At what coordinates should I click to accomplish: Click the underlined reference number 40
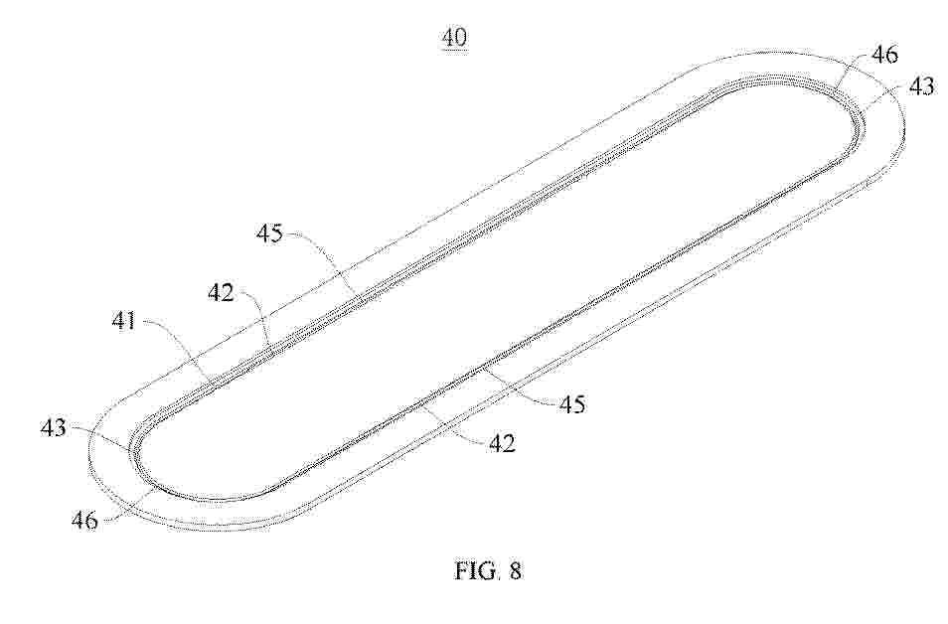click(x=455, y=38)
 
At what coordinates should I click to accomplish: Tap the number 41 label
click(x=124, y=322)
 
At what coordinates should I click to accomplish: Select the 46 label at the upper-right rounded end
click(x=884, y=55)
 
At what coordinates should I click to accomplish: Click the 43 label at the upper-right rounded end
click(x=922, y=86)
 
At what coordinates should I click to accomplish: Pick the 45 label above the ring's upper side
click(x=269, y=234)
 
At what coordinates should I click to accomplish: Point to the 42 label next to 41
click(x=221, y=293)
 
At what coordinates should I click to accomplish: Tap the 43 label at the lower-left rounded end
click(x=54, y=428)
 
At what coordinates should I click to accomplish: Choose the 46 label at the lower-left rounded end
click(x=84, y=520)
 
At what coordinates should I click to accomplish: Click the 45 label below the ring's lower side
click(x=572, y=403)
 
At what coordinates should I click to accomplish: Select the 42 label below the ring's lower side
click(x=503, y=444)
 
